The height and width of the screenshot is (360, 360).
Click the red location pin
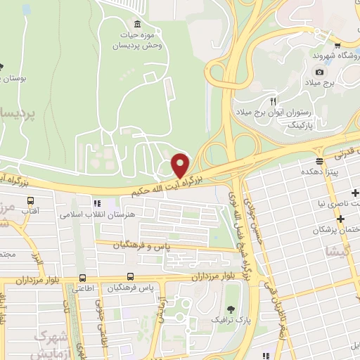(x=181, y=165)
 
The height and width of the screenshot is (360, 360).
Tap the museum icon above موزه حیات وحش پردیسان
(x=138, y=22)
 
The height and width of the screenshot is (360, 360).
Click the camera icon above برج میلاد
(x=320, y=72)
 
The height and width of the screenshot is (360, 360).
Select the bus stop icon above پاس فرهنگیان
(x=130, y=277)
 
